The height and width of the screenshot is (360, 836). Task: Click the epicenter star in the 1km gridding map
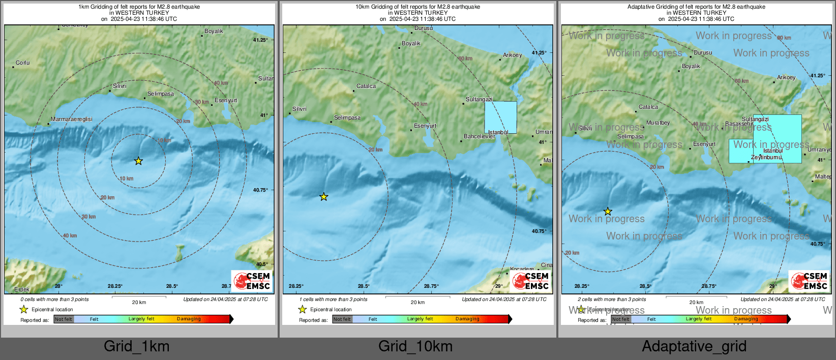pos(138,161)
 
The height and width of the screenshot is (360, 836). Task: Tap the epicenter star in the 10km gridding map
pos(323,197)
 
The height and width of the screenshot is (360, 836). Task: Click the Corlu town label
pos(23,63)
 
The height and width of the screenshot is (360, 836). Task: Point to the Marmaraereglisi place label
pos(72,119)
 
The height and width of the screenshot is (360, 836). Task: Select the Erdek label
pos(22,289)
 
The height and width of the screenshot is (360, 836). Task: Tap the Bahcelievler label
pos(479,137)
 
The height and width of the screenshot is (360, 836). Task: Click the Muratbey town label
pos(658,123)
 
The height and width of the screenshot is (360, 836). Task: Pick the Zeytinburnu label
pos(767,158)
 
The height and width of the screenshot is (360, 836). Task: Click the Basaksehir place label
pos(739,124)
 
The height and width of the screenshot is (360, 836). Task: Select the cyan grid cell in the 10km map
pos(500,117)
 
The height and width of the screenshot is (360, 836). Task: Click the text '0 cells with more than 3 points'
pos(54,299)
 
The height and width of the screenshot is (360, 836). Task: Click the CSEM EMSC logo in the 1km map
pos(252,281)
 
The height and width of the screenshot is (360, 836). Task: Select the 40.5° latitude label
pos(262,264)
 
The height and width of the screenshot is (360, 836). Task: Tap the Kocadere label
pos(522,269)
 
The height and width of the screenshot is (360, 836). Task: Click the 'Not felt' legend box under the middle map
pos(342,319)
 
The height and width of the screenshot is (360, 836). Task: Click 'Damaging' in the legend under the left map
pos(189,319)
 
